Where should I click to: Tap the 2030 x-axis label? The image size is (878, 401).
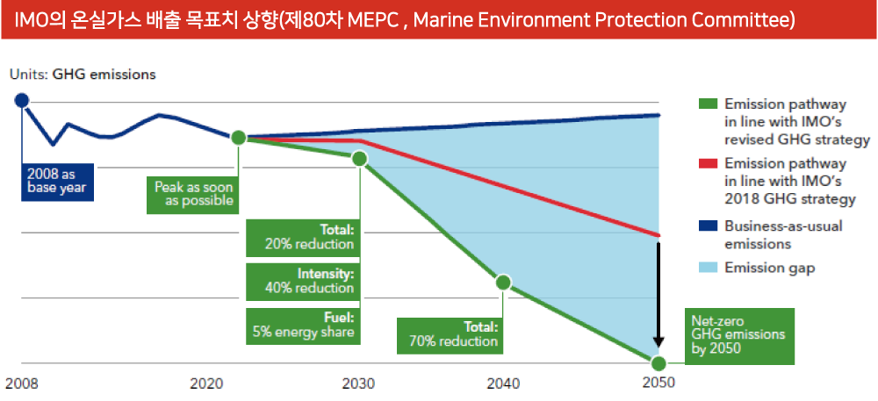tap(358, 383)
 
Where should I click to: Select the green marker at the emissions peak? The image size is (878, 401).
tap(238, 138)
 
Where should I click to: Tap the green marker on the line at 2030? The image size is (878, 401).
tap(359, 159)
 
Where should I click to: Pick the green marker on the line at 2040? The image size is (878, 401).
tap(503, 283)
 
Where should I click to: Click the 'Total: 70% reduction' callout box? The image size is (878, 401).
tap(450, 334)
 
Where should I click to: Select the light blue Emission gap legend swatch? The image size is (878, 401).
tap(707, 268)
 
